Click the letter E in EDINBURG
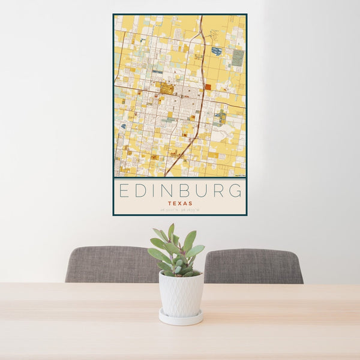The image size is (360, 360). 124,191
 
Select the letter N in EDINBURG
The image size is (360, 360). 169,191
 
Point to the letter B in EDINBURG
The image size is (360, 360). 187,191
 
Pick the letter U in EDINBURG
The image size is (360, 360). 203,191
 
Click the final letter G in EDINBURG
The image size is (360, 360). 236,191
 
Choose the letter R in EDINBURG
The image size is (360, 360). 220,191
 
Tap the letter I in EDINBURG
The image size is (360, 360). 155,191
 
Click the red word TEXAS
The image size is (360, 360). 180,203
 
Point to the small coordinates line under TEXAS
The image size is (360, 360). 180,210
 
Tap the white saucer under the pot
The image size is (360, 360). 181,318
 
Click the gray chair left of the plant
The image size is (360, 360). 108,265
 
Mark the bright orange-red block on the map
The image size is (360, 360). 208,87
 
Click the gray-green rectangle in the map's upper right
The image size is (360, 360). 238,58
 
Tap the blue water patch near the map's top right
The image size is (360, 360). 216,52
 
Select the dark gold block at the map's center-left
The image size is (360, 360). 166,89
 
